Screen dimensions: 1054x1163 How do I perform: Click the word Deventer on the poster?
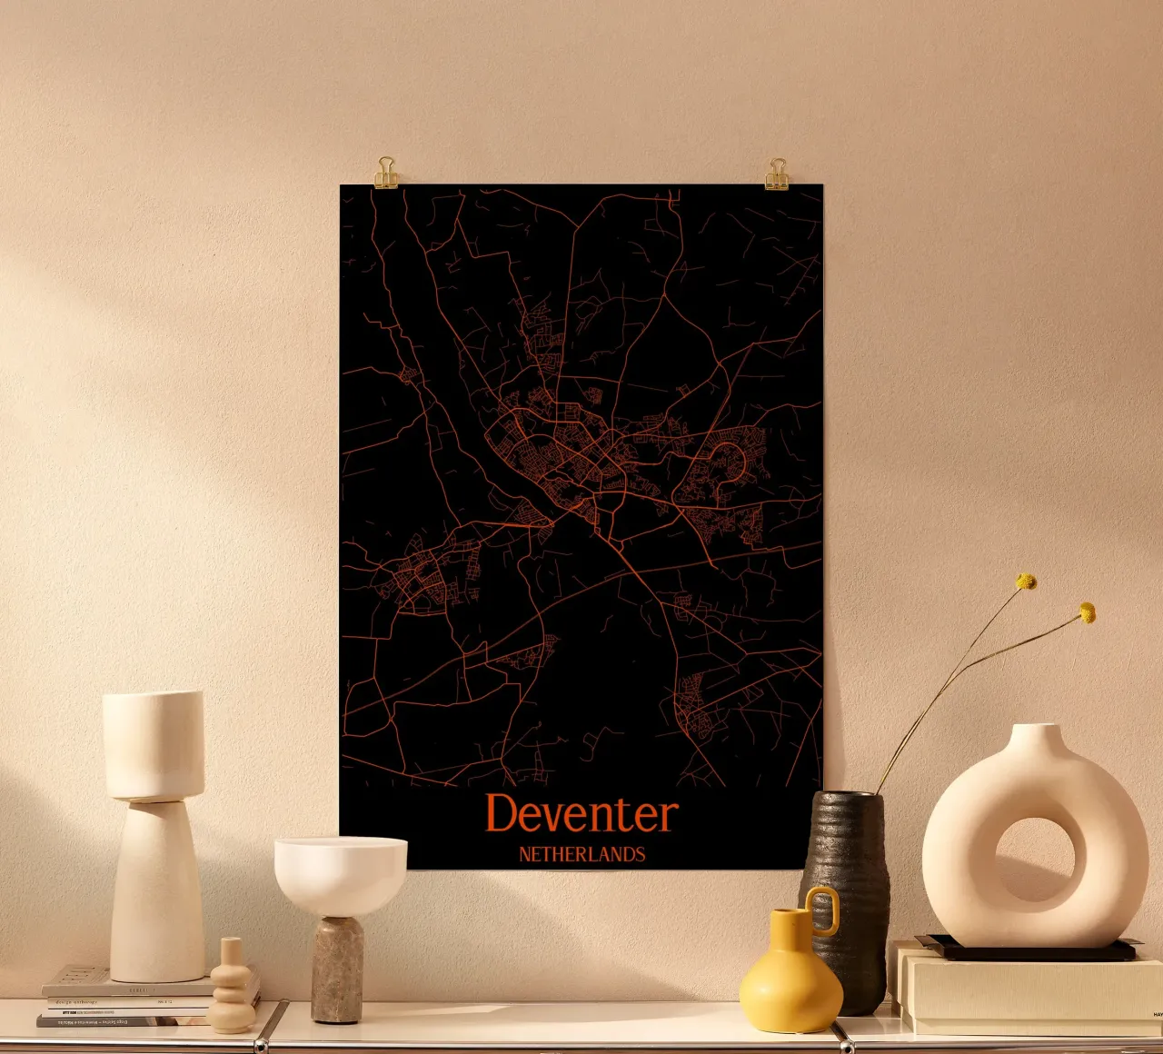click(581, 814)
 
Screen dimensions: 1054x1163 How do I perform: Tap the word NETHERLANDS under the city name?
click(581, 854)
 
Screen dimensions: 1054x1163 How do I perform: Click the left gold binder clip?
click(386, 173)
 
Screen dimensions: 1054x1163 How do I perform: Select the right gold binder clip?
click(777, 174)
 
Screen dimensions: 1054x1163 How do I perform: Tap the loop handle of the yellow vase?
click(824, 910)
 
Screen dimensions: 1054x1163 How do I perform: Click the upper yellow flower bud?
click(1026, 582)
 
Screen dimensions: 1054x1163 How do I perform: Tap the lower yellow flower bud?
click(1087, 613)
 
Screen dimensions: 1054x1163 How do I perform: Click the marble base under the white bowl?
click(337, 969)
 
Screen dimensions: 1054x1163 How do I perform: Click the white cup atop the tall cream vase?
click(153, 745)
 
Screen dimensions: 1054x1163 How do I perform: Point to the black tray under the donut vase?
click(1027, 950)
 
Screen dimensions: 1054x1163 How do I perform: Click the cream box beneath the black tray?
click(1027, 995)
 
